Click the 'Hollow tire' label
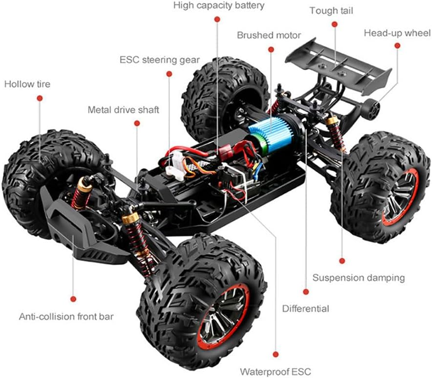(27, 84)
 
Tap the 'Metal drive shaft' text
(123, 110)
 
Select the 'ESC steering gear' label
(159, 60)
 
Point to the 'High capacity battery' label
(219, 5)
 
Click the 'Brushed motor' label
(269, 35)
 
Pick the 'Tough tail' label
(331, 11)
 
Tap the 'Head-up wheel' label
(397, 33)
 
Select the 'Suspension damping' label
(358, 278)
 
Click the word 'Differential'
(305, 309)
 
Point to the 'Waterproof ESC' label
(275, 372)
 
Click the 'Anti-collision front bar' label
(66, 316)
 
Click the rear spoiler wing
(339, 66)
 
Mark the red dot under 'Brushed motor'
(271, 49)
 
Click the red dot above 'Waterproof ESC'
(276, 355)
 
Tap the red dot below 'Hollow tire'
(40, 98)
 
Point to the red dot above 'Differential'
(306, 292)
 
